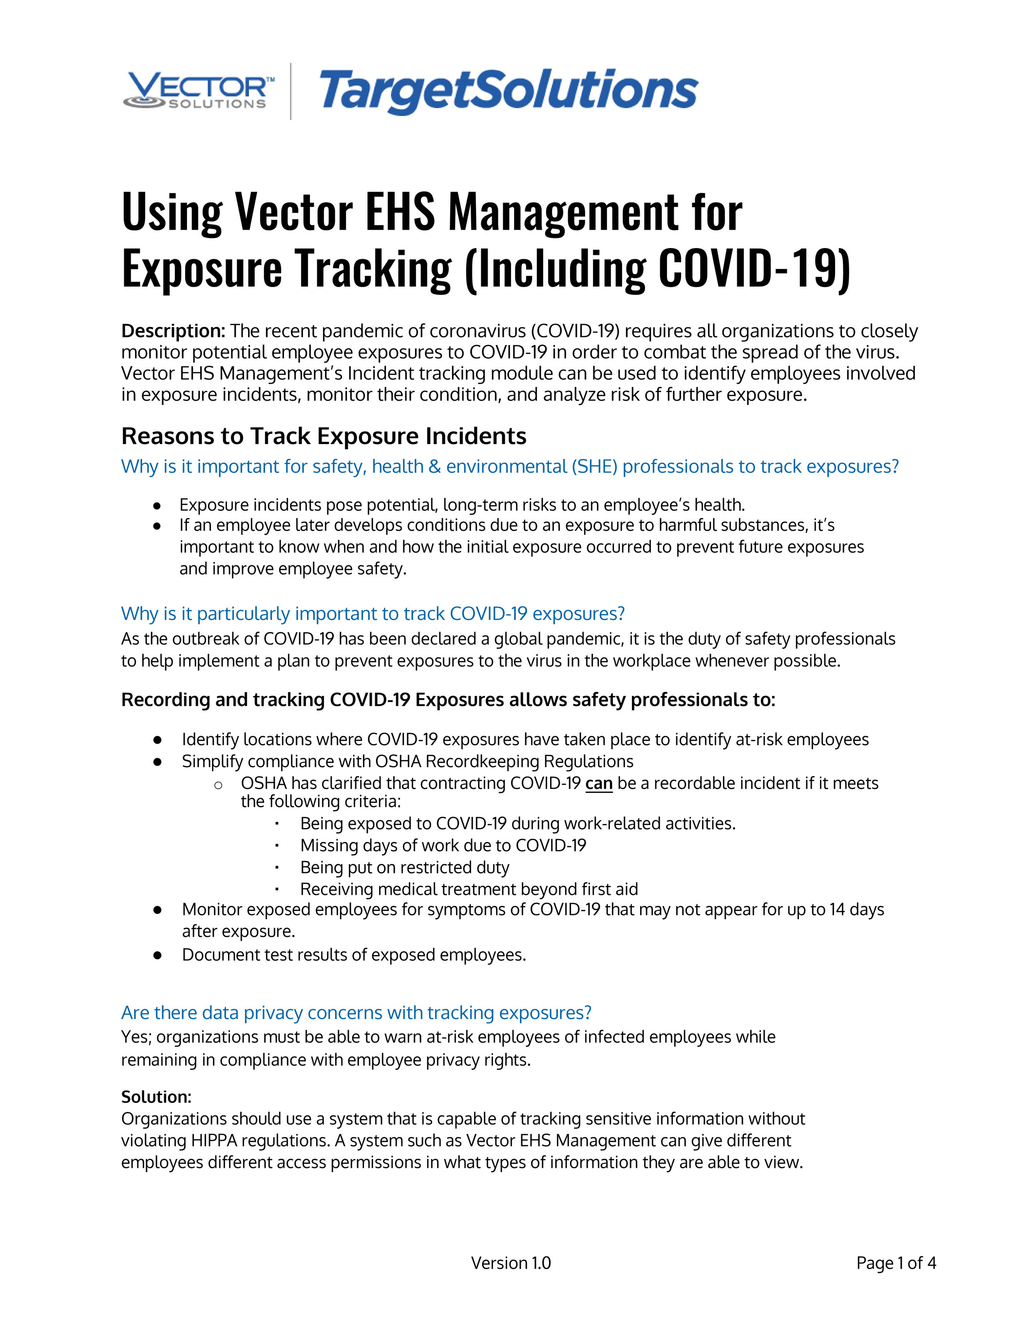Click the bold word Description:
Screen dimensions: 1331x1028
pos(173,331)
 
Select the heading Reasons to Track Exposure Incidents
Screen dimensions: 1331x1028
pos(324,436)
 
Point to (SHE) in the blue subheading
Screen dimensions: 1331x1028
pos(594,466)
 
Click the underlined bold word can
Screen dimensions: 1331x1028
pos(598,783)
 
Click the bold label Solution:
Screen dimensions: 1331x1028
pos(156,1097)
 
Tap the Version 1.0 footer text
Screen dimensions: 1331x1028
pos(511,1263)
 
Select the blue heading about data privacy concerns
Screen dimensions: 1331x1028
pos(356,1012)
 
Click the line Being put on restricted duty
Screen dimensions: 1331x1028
pos(404,867)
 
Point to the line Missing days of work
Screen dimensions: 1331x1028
pos(443,845)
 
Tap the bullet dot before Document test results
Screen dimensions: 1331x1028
pos(157,955)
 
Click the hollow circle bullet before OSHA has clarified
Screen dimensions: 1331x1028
pos(218,785)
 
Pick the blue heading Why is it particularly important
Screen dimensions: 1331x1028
pos(373,614)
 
